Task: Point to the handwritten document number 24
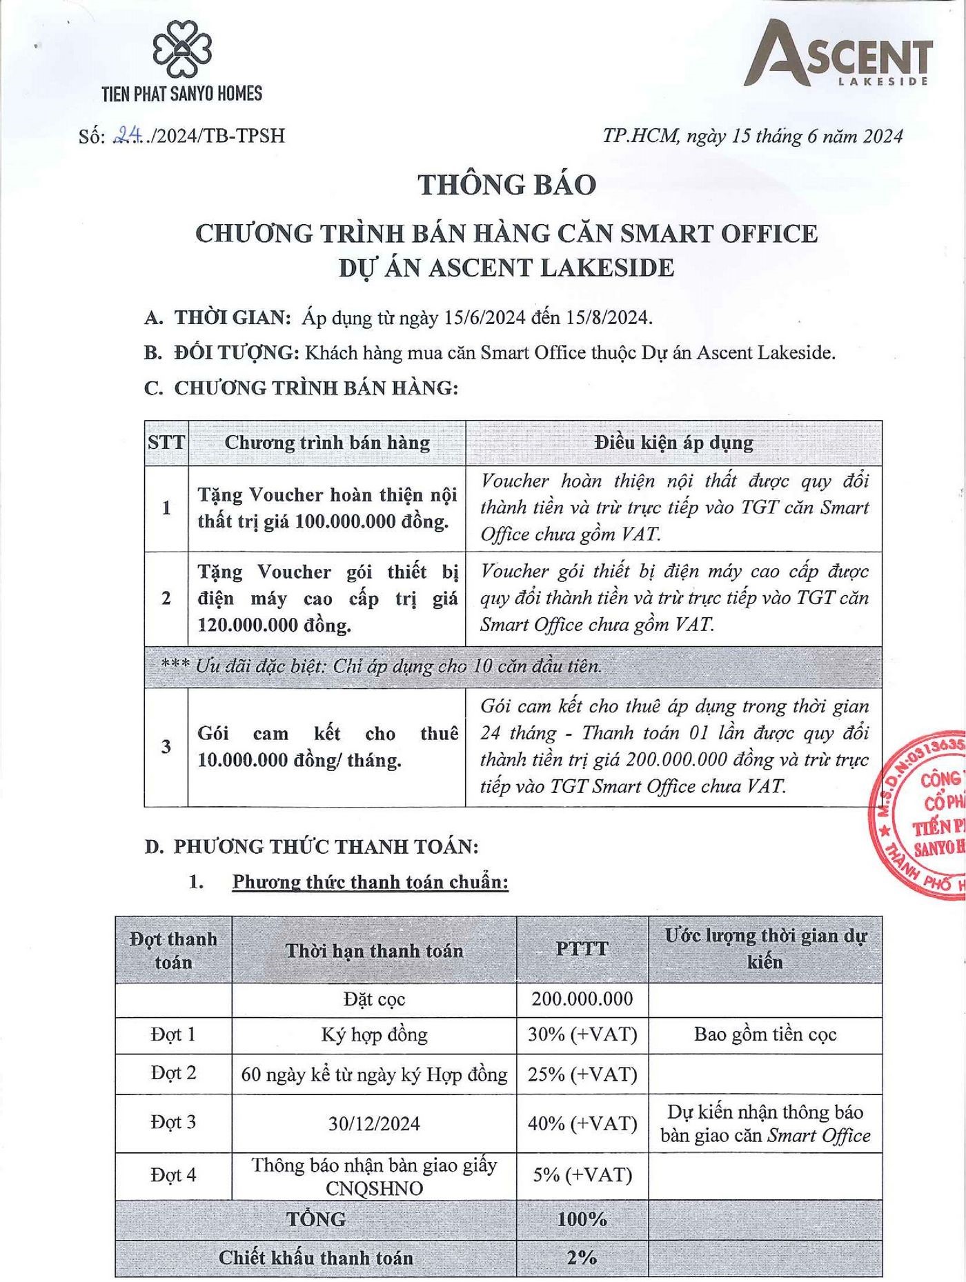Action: pyautogui.click(x=126, y=135)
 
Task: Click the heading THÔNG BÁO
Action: pyautogui.click(x=507, y=186)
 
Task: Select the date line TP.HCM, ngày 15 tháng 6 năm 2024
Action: pyautogui.click(x=753, y=136)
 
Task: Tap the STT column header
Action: pyautogui.click(x=166, y=442)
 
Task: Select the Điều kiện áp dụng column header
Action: pyautogui.click(x=673, y=443)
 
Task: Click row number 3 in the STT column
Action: pyautogui.click(x=166, y=746)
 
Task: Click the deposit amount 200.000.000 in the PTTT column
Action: pyautogui.click(x=582, y=999)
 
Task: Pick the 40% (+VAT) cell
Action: pyautogui.click(x=582, y=1123)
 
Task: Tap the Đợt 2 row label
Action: pyautogui.click(x=173, y=1073)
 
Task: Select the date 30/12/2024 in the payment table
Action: pyautogui.click(x=374, y=1123)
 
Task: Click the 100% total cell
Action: pyautogui.click(x=582, y=1219)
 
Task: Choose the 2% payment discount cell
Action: pyautogui.click(x=582, y=1257)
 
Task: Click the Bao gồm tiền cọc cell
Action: pyautogui.click(x=765, y=1034)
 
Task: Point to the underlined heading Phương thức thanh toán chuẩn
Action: pyautogui.click(x=370, y=882)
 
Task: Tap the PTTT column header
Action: pyautogui.click(x=582, y=949)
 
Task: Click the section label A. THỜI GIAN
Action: pyautogui.click(x=217, y=318)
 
